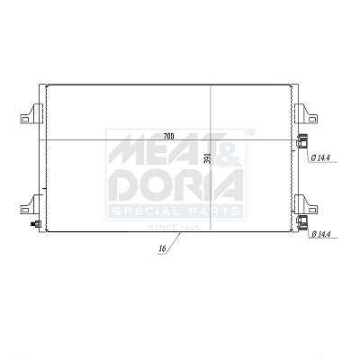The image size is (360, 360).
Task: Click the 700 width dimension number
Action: pos(169,137)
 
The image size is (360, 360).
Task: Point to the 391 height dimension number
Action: pos(207,158)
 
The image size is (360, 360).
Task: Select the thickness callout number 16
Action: pos(163,248)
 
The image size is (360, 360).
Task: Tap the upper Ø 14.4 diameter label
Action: pos(321,157)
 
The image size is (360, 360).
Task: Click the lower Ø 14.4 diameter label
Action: pos(321,234)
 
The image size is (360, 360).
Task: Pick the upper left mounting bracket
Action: pos(31,113)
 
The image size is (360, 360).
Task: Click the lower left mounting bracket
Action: pos(31,204)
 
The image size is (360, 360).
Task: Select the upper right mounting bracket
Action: pos(306,113)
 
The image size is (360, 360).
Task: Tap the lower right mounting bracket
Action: pos(306,204)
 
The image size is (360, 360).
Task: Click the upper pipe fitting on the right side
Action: pos(302,141)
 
